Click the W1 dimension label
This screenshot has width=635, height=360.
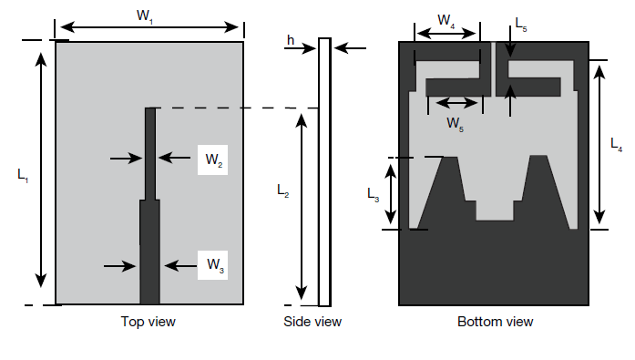pos(145,16)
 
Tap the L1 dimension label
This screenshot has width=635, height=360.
pos(23,176)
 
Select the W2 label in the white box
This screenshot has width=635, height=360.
pos(214,160)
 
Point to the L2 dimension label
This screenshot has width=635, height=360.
pos(282,190)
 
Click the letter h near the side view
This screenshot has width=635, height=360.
pos(291,40)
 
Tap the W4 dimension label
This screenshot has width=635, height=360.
pos(446,21)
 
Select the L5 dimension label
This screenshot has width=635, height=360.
pos(521,25)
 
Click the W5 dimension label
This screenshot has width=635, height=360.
pos(455,124)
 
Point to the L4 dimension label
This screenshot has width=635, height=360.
pos(617,145)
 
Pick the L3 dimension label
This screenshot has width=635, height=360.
pos(373,194)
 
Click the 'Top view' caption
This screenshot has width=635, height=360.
pos(149,322)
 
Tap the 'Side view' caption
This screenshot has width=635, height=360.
pos(312,322)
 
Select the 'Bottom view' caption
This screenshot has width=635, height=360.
pos(496,322)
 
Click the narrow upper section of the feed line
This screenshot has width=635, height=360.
pos(150,154)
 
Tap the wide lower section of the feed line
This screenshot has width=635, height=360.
pos(149,252)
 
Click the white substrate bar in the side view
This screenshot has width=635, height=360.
pos(325,172)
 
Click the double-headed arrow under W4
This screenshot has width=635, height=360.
pos(446,34)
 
